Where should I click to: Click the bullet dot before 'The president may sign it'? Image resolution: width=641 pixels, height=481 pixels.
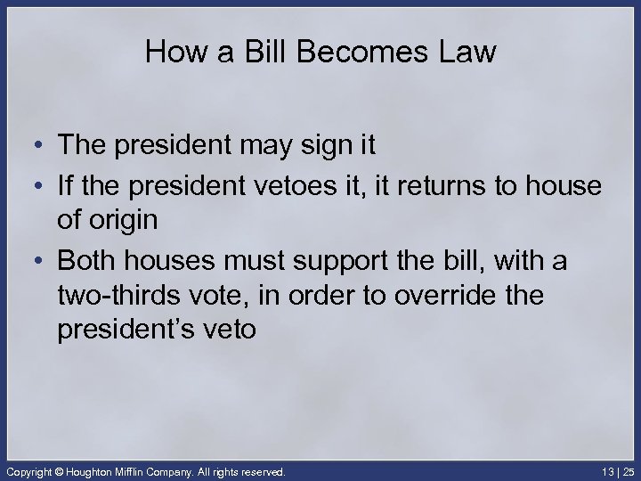pyautogui.click(x=31, y=145)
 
